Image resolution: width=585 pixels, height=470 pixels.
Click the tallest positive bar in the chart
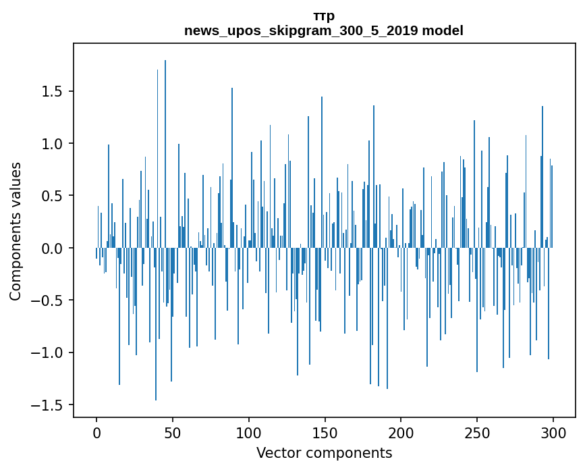click(165, 154)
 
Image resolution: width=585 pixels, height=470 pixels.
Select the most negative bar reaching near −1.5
click(156, 324)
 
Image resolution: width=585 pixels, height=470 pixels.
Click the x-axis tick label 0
click(96, 434)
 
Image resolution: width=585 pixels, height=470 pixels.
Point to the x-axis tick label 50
click(172, 434)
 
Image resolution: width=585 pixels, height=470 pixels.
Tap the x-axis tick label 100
click(248, 434)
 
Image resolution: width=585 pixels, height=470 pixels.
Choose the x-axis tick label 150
click(325, 434)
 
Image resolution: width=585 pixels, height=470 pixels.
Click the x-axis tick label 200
click(401, 434)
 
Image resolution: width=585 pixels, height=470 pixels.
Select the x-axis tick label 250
click(477, 434)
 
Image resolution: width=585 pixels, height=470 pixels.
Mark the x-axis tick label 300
click(553, 434)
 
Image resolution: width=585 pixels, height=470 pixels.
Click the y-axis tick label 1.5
click(52, 91)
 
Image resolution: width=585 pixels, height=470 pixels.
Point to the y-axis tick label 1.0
click(52, 144)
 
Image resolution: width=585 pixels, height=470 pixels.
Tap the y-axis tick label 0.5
click(52, 196)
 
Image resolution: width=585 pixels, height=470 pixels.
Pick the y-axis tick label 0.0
click(52, 249)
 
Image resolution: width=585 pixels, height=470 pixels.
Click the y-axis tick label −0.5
click(47, 301)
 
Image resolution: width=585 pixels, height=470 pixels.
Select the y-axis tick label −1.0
click(47, 352)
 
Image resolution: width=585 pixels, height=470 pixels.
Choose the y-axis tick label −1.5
click(47, 405)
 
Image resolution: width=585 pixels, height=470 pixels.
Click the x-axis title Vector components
click(324, 453)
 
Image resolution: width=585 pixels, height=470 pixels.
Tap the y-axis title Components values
click(16, 232)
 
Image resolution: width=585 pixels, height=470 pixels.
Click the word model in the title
click(443, 30)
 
